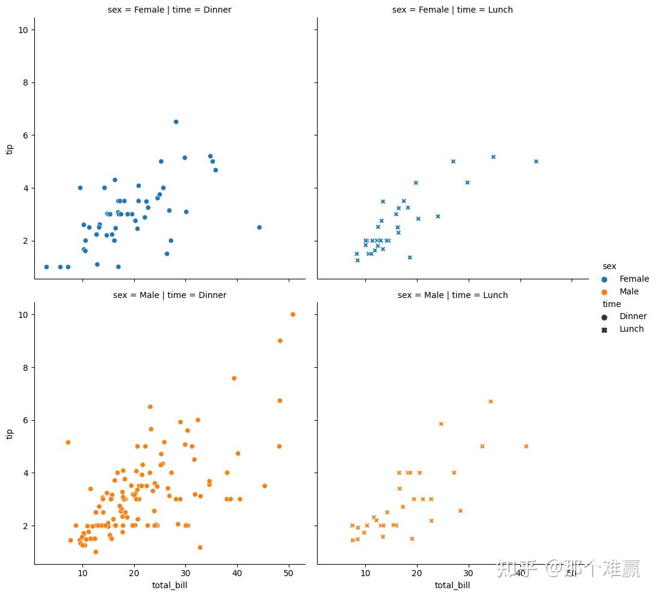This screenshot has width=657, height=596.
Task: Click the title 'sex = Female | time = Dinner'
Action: [x=169, y=10]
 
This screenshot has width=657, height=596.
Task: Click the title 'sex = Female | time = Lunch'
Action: [x=452, y=10]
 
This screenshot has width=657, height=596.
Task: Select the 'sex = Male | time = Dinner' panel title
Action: [x=169, y=295]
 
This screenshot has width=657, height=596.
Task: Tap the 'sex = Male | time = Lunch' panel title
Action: [x=452, y=295]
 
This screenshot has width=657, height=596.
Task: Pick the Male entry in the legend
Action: [x=629, y=291]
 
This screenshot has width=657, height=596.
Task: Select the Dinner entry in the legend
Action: [x=632, y=316]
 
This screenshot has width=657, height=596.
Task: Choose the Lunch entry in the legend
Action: [x=631, y=329]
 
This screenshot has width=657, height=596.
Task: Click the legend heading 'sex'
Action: [x=609, y=266]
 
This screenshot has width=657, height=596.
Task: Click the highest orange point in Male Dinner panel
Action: [x=292, y=314]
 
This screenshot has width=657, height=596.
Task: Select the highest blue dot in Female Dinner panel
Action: [x=176, y=122]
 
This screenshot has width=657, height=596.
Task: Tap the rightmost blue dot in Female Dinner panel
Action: [x=259, y=227]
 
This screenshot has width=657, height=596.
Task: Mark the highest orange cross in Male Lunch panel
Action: [x=490, y=402]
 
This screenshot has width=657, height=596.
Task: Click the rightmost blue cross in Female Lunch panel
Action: [x=535, y=161]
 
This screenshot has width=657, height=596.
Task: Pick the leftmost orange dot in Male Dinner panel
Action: [x=68, y=442]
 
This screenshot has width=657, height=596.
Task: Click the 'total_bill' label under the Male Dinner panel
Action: [x=169, y=585]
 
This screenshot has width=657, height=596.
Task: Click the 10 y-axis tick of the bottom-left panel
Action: [x=22, y=315]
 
